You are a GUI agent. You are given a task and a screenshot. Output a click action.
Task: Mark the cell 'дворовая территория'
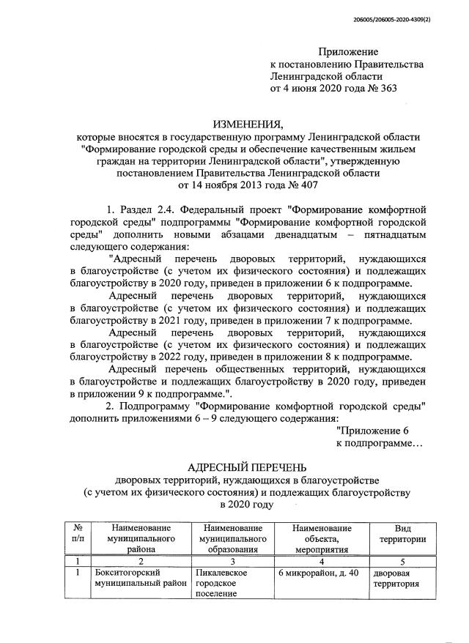(396, 579)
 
